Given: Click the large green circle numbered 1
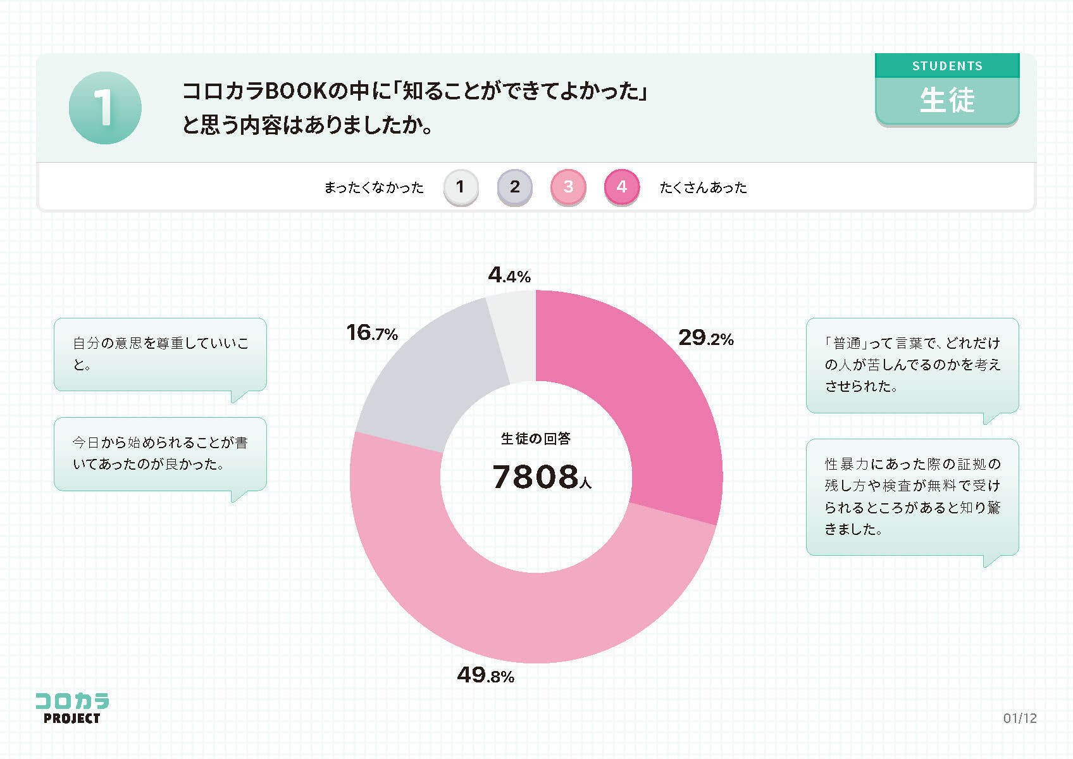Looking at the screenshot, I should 105,108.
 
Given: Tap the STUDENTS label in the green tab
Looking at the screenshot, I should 947,66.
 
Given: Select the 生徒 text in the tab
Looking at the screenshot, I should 947,101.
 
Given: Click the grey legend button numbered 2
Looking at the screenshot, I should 514,187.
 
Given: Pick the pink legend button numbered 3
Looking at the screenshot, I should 568,187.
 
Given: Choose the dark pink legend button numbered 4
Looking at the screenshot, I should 622,187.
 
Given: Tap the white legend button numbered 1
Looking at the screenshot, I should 461,187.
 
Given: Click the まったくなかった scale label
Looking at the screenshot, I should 374,187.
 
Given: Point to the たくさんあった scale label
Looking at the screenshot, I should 703,187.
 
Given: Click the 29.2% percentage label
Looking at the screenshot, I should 705,338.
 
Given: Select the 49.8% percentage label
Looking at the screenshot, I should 485,675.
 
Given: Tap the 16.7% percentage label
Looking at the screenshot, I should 372,332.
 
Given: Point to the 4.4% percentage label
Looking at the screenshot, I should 509,275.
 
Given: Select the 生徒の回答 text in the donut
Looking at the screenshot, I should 536,438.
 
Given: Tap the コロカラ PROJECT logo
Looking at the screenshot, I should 71,708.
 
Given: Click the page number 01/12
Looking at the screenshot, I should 1020,718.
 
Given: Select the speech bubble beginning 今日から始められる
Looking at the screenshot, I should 160,454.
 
